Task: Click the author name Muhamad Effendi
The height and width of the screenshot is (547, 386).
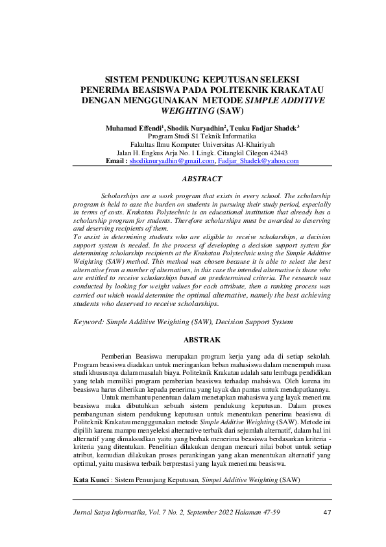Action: (134, 129)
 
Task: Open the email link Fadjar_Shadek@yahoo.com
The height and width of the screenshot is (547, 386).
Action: (258, 160)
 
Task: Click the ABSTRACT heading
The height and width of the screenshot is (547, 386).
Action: (202, 178)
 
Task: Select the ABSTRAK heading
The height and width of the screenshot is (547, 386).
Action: (202, 340)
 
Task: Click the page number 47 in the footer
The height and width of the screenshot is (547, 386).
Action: (328, 513)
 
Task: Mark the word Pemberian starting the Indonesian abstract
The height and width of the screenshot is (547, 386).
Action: (117, 356)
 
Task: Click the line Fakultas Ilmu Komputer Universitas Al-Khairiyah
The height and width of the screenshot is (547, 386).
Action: (202, 144)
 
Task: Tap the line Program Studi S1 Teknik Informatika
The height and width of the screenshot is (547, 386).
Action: (202, 136)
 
